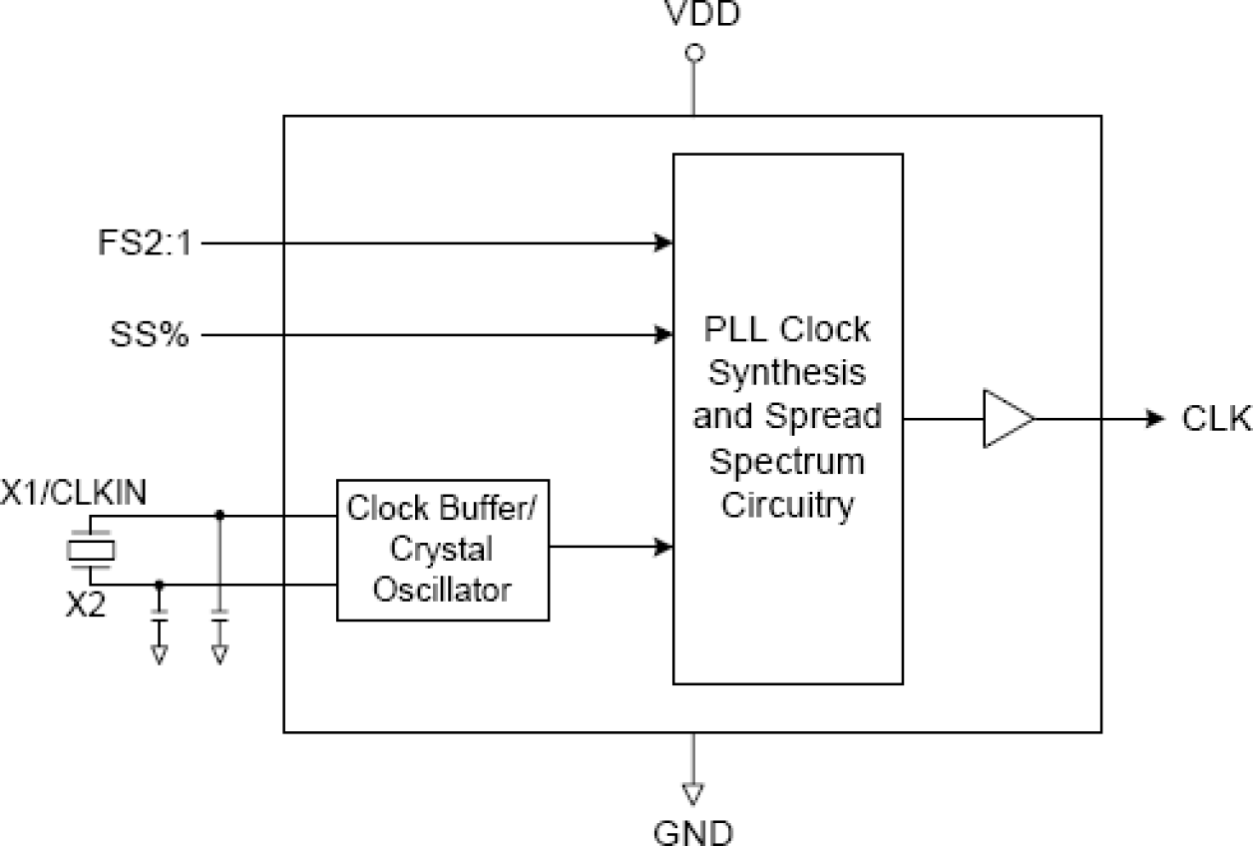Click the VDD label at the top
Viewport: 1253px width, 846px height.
coord(695,15)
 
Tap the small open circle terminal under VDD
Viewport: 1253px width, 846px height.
coord(695,53)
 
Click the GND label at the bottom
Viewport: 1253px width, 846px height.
coord(692,830)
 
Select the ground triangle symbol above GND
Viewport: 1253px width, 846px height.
coord(692,793)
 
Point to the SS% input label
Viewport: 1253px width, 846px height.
coord(149,335)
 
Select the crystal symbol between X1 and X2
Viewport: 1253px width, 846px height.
coord(91,549)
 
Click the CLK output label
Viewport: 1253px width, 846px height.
coord(1216,419)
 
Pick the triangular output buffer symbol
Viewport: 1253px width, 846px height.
coord(1007,418)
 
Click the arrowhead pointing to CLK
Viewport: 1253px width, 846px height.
coord(1156,418)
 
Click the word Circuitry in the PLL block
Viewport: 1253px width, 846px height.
coord(787,505)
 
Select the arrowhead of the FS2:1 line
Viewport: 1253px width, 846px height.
coord(663,242)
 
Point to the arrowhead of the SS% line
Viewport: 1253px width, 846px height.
coord(663,335)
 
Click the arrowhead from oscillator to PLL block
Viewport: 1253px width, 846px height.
coord(663,547)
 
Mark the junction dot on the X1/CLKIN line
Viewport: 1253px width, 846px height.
coord(219,516)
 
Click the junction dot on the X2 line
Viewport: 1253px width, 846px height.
coord(159,585)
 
